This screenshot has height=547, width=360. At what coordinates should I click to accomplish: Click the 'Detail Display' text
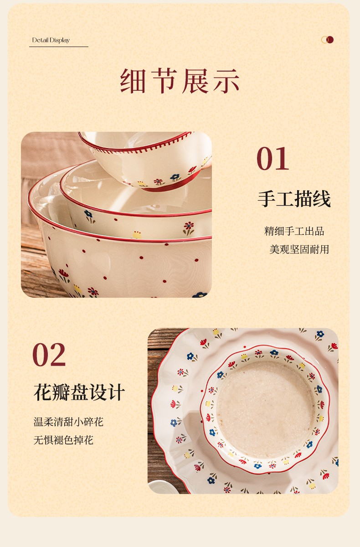tap(51, 40)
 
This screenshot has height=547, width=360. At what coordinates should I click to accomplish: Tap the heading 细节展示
tap(180, 81)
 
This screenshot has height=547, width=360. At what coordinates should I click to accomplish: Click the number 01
tap(273, 159)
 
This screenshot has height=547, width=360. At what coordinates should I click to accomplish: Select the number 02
tap(49, 355)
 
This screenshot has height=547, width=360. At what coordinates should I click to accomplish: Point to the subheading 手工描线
tap(294, 199)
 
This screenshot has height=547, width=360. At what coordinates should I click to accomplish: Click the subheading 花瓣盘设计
tap(79, 392)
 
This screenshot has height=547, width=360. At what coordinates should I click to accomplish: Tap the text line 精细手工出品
tap(294, 231)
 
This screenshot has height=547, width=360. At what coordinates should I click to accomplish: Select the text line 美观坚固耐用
tap(299, 249)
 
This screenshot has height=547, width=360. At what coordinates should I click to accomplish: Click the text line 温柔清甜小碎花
tap(68, 422)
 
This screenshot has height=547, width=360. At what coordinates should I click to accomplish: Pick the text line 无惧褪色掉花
tap(63, 440)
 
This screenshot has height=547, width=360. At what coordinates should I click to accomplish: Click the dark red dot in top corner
tap(330, 40)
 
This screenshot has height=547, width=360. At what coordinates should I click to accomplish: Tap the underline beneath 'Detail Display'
tap(59, 46)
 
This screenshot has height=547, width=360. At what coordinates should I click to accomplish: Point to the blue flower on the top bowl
tap(175, 177)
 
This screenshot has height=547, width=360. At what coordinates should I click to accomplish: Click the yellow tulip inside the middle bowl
tap(137, 235)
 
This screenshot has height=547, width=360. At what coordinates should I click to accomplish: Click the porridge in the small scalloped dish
tap(265, 409)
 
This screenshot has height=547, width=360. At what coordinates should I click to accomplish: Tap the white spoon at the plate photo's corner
tap(159, 486)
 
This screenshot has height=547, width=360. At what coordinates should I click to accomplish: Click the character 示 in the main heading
tap(226, 81)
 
